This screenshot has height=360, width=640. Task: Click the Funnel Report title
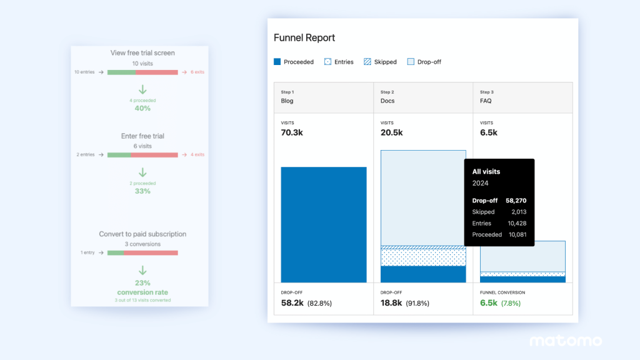tap(304, 38)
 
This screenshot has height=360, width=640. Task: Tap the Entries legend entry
tap(339, 62)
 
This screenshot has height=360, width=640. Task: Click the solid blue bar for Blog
tap(324, 224)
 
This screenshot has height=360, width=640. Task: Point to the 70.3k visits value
tap(292, 132)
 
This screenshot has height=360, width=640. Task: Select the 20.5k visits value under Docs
tap(392, 132)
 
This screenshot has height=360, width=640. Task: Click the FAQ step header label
tap(486, 101)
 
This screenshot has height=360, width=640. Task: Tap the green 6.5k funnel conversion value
tap(488, 303)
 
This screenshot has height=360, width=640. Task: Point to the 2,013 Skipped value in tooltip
tap(517, 212)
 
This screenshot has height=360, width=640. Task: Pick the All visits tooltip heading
tap(486, 171)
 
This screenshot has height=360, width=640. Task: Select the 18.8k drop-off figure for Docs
tap(392, 303)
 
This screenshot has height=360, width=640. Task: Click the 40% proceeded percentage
tap(142, 108)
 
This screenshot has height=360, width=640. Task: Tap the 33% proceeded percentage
tap(142, 191)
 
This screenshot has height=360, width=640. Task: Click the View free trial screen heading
tap(142, 53)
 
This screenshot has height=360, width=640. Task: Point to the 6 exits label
tap(195, 72)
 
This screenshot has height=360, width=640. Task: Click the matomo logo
tap(566, 341)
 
